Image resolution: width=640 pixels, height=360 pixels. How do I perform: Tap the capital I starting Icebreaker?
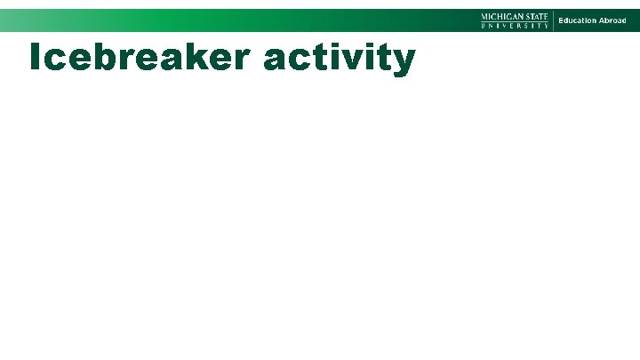coord(34,57)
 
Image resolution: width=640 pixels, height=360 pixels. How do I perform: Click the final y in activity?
coord(403,62)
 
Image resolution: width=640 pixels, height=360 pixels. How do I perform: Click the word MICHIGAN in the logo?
coord(502,16)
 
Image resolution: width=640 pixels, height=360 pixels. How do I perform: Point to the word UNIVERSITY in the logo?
coord(515,26)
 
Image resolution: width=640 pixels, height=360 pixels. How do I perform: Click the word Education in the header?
coord(576,20)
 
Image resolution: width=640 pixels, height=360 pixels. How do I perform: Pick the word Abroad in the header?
coord(612,20)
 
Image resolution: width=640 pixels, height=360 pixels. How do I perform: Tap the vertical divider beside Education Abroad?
coord(553,20)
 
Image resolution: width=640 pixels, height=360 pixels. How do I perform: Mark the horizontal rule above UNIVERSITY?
coord(515,21)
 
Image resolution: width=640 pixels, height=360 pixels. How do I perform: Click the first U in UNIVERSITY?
coord(484,26)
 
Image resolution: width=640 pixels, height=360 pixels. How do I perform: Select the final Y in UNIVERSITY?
coord(546,26)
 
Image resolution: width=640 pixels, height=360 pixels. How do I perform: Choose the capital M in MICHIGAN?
coord(484,16)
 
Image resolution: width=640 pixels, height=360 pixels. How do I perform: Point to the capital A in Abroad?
coord(600,20)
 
